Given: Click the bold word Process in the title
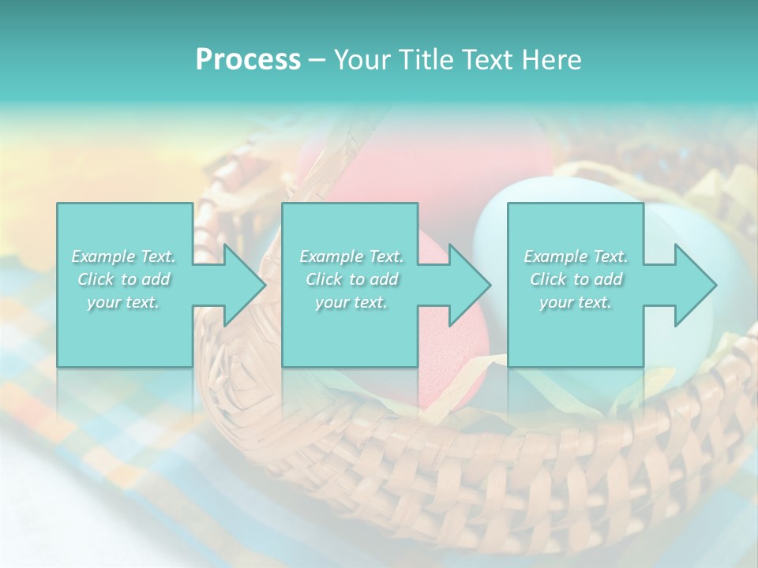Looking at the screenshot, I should coord(248,59).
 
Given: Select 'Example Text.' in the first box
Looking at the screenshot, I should coord(123,256).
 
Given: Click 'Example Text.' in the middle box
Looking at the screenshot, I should coord(351,256).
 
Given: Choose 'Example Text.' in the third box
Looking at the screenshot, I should coord(575,256).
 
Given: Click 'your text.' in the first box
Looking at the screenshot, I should coord(123,302).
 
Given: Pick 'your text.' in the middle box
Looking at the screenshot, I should coord(351,302).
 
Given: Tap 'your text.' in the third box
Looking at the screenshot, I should coord(575,302).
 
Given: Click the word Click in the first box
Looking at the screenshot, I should coord(96,279).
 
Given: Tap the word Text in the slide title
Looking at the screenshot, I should coord(482,59).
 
